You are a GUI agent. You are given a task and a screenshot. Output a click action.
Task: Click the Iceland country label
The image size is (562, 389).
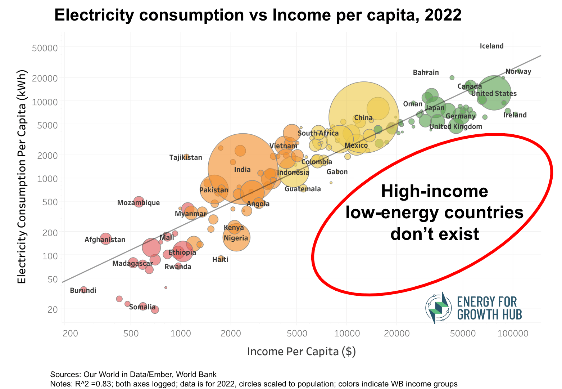[491, 46]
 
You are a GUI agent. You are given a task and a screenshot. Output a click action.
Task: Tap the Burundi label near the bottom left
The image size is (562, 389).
[83, 290]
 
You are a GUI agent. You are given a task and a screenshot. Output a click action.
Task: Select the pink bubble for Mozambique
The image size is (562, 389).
[139, 201]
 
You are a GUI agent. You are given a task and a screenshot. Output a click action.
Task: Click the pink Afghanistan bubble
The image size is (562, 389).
[105, 238]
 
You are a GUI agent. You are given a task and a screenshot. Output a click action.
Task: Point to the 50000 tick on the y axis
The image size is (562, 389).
[45, 48]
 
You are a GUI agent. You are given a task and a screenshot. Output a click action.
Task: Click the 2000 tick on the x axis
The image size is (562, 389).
[231, 333]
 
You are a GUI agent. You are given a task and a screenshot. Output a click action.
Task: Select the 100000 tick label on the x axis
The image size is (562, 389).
[513, 333]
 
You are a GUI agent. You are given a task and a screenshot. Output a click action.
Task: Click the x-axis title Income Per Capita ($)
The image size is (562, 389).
[301, 351]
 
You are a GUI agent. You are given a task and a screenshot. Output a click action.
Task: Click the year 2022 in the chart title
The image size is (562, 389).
[443, 15]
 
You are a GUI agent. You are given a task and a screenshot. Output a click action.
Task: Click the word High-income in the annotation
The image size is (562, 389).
[434, 191]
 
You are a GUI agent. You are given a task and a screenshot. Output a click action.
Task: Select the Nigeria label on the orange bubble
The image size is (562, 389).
[236, 238]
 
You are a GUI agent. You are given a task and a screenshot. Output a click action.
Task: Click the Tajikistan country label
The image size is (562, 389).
[186, 157]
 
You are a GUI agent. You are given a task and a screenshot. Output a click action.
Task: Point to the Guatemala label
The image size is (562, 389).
[303, 189]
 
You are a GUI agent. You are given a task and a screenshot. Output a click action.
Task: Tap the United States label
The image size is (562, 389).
[494, 94]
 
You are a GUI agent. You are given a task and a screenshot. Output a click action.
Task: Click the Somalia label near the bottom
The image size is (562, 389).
[142, 307]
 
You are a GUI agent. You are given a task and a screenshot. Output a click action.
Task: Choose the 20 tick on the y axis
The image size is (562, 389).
[52, 309]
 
